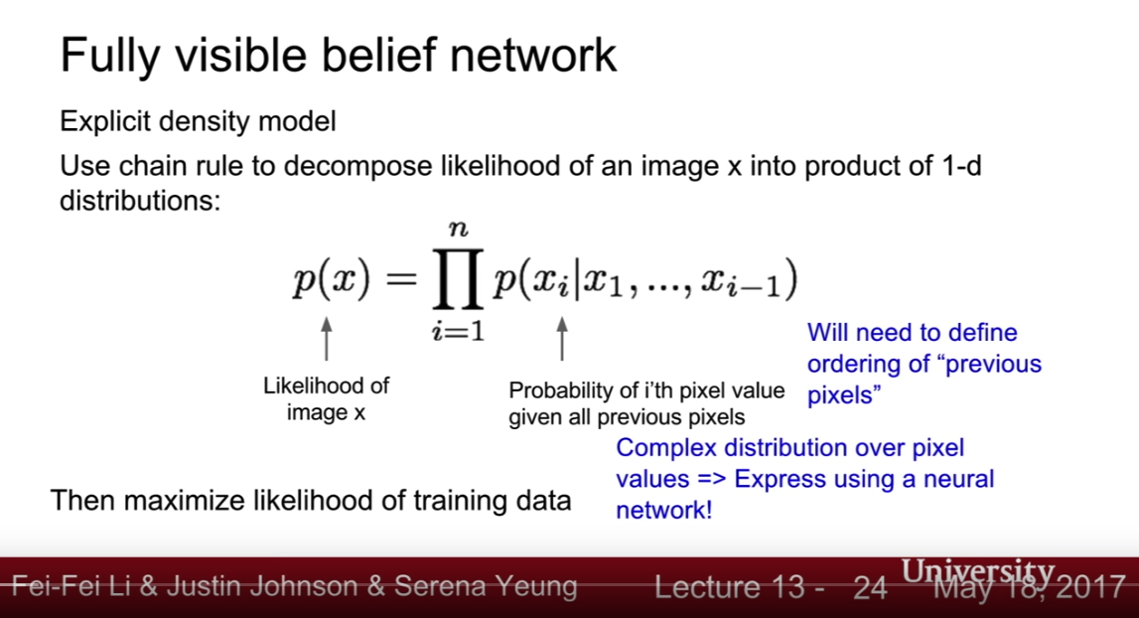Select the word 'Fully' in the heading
pos(109,57)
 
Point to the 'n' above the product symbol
pos(459,230)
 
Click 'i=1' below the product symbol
pos(458,332)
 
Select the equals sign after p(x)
pos(401,278)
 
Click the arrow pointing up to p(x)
pos(326,339)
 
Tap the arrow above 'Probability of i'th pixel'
pos(561,339)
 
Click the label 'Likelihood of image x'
pos(326,399)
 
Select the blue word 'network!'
pos(664,510)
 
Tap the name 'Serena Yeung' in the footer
pos(486,587)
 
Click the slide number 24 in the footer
pos(870,587)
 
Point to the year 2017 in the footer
pos(1091,587)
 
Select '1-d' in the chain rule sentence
pos(961,166)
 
